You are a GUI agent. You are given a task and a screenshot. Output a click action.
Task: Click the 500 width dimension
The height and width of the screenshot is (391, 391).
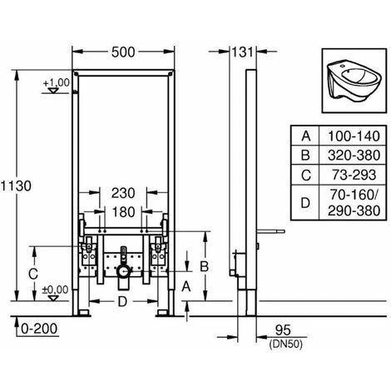123,52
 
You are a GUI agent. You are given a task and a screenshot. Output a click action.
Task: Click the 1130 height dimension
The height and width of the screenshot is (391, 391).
16,186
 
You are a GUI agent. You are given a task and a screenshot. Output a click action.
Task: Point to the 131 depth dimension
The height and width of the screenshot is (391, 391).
242,52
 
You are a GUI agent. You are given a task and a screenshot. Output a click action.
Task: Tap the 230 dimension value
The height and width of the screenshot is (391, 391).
123,193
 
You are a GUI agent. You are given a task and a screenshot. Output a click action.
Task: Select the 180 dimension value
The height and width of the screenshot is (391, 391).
123,212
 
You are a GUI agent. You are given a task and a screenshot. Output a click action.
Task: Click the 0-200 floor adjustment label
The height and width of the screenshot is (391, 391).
39,329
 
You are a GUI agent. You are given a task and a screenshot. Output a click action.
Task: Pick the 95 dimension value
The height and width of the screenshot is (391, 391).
283,330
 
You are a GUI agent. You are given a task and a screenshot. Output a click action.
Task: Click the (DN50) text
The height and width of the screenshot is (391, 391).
286,344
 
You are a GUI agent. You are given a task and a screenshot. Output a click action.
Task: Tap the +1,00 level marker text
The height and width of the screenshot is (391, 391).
56,82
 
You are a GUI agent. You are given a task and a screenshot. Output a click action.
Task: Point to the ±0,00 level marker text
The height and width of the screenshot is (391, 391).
55,290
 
